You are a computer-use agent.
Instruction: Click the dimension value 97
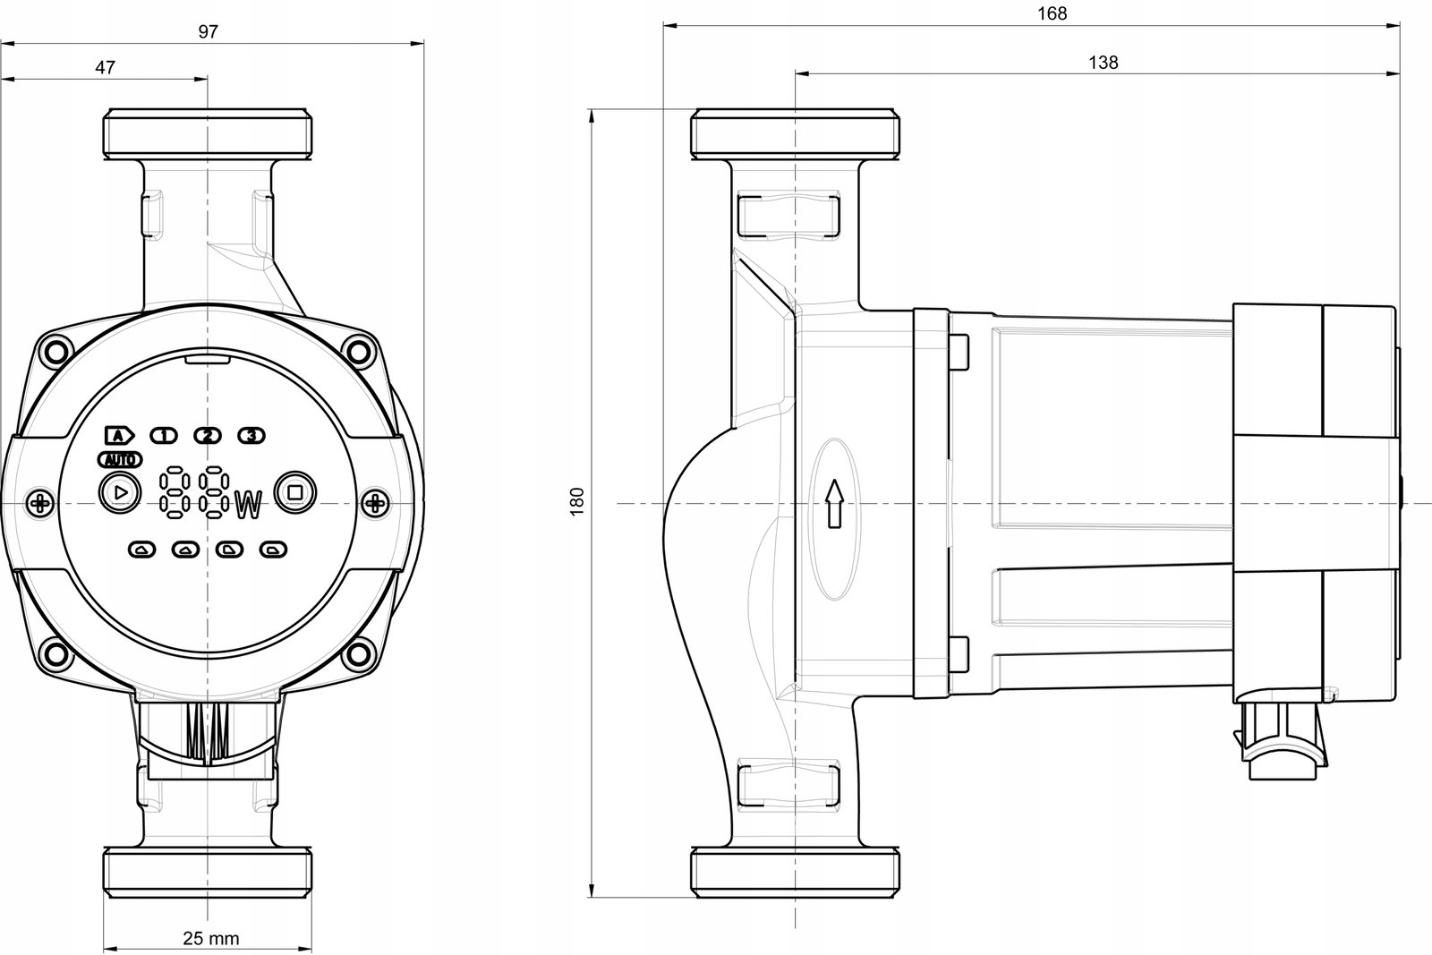pyautogui.click(x=209, y=31)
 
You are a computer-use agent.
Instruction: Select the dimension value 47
pyautogui.click(x=105, y=67)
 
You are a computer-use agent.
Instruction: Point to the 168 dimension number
pyautogui.click(x=1052, y=13)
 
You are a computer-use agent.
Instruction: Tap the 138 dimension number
pyautogui.click(x=1104, y=63)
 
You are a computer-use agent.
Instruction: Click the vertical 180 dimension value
pyautogui.click(x=577, y=502)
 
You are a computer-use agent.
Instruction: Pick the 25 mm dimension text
pyautogui.click(x=211, y=938)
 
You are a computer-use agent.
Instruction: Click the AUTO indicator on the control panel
pyautogui.click(x=120, y=460)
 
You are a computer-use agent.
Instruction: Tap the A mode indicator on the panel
pyautogui.click(x=120, y=436)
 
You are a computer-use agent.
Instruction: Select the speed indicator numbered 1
pyautogui.click(x=164, y=436)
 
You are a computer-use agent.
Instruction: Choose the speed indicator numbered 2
pyautogui.click(x=208, y=436)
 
